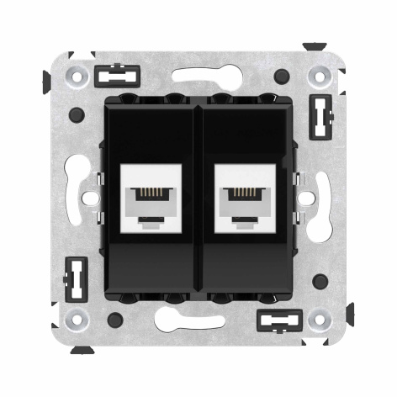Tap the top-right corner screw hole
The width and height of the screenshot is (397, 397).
point(320,77)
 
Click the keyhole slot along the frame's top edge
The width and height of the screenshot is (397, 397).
point(198,76)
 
